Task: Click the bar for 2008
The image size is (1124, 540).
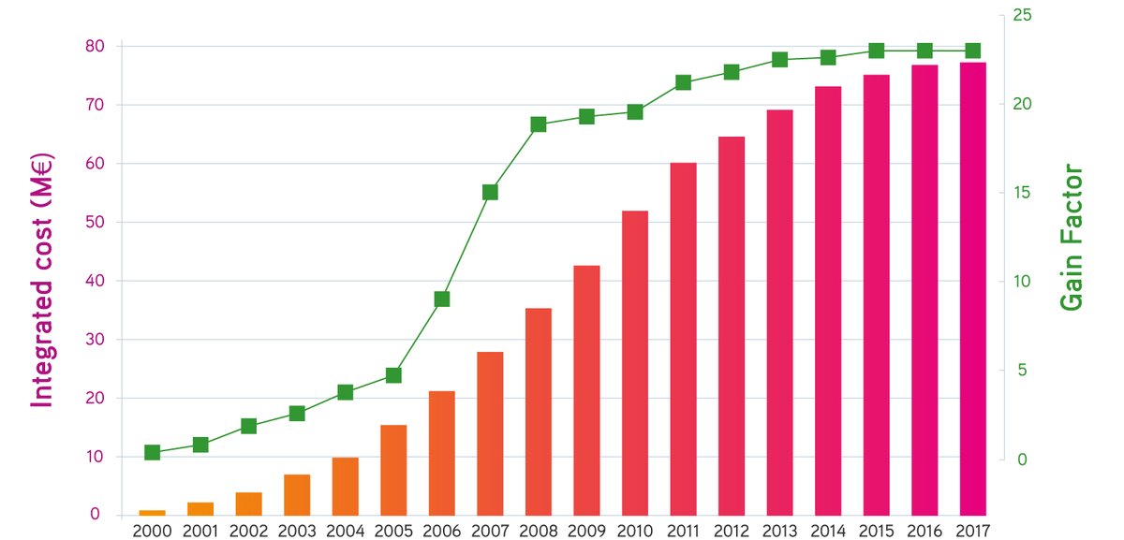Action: tap(538, 412)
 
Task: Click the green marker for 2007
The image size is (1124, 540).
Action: tap(490, 192)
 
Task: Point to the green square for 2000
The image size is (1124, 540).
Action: tap(153, 453)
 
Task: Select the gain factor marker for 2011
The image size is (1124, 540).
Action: tap(683, 82)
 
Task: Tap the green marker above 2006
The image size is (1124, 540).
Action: tap(442, 299)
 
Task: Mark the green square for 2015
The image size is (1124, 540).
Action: tap(876, 51)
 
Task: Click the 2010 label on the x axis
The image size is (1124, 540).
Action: tap(634, 531)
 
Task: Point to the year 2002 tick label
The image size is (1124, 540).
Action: tap(248, 531)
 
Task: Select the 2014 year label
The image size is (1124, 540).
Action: tap(827, 531)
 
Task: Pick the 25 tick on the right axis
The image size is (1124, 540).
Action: tap(1024, 15)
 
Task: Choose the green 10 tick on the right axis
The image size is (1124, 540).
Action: tap(1024, 282)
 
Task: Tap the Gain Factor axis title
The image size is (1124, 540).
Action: tap(1071, 239)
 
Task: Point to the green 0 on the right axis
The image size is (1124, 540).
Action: tap(1022, 460)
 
